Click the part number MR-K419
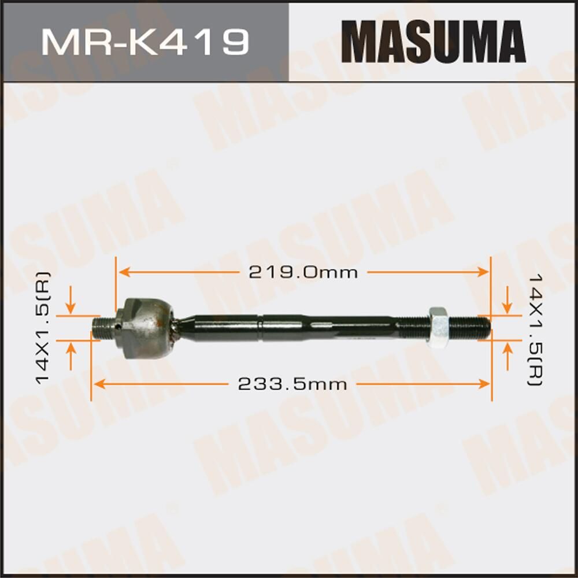tap(145, 42)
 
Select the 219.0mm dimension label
tap(303, 272)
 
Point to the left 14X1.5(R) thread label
tap(43, 328)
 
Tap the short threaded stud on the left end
tap(104, 327)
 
